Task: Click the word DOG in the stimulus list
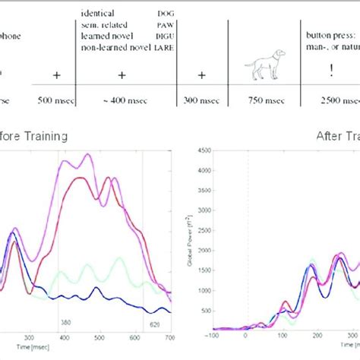(165, 14)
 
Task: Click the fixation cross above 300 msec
(201, 75)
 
